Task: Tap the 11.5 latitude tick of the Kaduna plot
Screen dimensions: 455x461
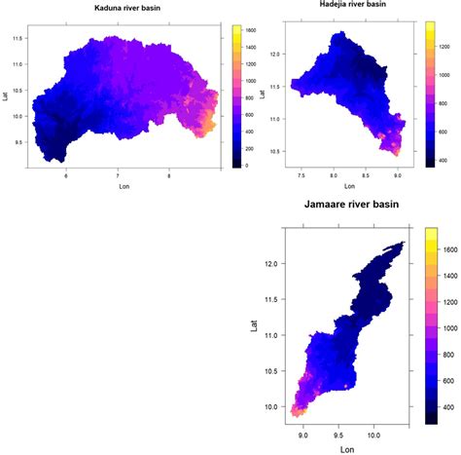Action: point(18,38)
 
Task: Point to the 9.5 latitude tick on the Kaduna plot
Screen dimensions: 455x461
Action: point(18,140)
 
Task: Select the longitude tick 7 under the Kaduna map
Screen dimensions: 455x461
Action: point(118,176)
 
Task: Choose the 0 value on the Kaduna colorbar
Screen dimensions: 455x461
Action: point(249,166)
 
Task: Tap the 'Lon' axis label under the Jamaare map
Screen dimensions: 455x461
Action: point(347,449)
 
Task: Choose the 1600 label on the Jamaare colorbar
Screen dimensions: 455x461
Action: point(450,250)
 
